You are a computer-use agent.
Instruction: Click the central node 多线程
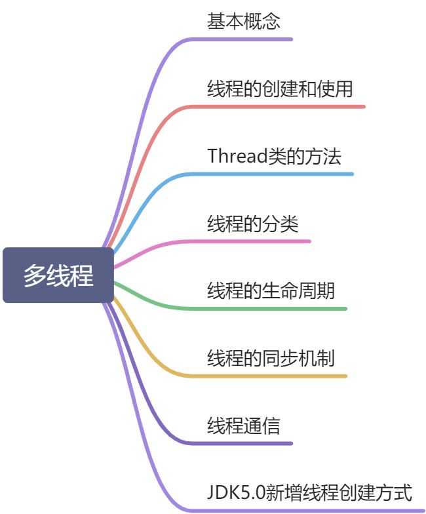coord(58,275)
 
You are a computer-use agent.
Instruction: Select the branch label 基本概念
coord(244,21)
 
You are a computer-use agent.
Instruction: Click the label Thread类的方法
coord(274,156)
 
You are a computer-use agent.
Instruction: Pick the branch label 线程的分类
coord(253,224)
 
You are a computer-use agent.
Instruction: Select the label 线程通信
coord(244,426)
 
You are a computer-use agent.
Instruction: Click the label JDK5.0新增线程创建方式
coord(309,492)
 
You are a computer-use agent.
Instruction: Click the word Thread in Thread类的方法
coord(237,156)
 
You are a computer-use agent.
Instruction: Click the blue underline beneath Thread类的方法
coord(275,174)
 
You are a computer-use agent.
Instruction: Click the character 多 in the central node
coord(35,276)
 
